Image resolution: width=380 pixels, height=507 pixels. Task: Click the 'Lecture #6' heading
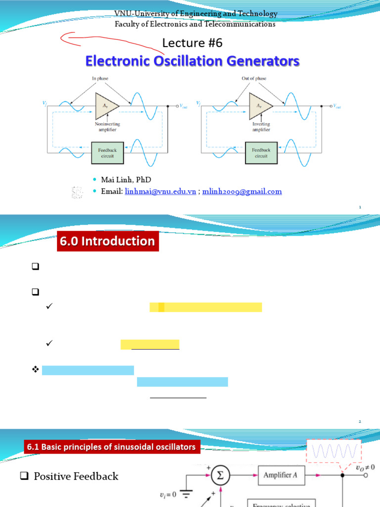[192, 43]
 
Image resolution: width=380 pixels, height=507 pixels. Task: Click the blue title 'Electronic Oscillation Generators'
[192, 61]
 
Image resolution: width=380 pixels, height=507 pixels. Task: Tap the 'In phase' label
[99, 79]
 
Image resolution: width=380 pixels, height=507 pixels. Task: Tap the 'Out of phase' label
[255, 79]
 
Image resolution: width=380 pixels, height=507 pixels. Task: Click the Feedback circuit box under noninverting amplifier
[107, 152]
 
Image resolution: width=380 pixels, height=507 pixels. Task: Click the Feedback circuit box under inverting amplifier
[261, 152]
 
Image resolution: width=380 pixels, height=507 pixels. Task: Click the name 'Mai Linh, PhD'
[126, 179]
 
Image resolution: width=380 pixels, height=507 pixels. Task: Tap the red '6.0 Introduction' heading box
[108, 241]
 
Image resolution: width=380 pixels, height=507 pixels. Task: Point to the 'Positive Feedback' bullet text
[76, 476]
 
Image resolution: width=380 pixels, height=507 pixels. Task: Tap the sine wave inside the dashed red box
[334, 452]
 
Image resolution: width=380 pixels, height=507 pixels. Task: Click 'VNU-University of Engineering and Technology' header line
[195, 14]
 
